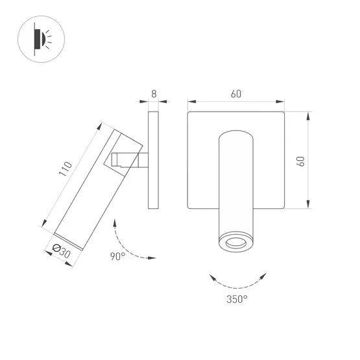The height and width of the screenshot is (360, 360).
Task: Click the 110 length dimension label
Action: [66, 169]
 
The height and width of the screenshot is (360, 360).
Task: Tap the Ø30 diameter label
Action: [61, 251]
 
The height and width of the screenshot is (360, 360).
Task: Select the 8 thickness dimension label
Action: [154, 93]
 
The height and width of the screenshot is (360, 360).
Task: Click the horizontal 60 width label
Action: [236, 93]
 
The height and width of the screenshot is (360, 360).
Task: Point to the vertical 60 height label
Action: [300, 161]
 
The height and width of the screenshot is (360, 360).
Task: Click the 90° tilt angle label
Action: [118, 256]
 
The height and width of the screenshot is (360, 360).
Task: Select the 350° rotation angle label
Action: [237, 299]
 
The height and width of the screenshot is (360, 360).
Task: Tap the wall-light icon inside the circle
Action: [42, 39]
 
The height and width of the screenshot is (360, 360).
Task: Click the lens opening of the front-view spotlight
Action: [236, 243]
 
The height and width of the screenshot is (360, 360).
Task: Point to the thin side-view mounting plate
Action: [153, 160]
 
